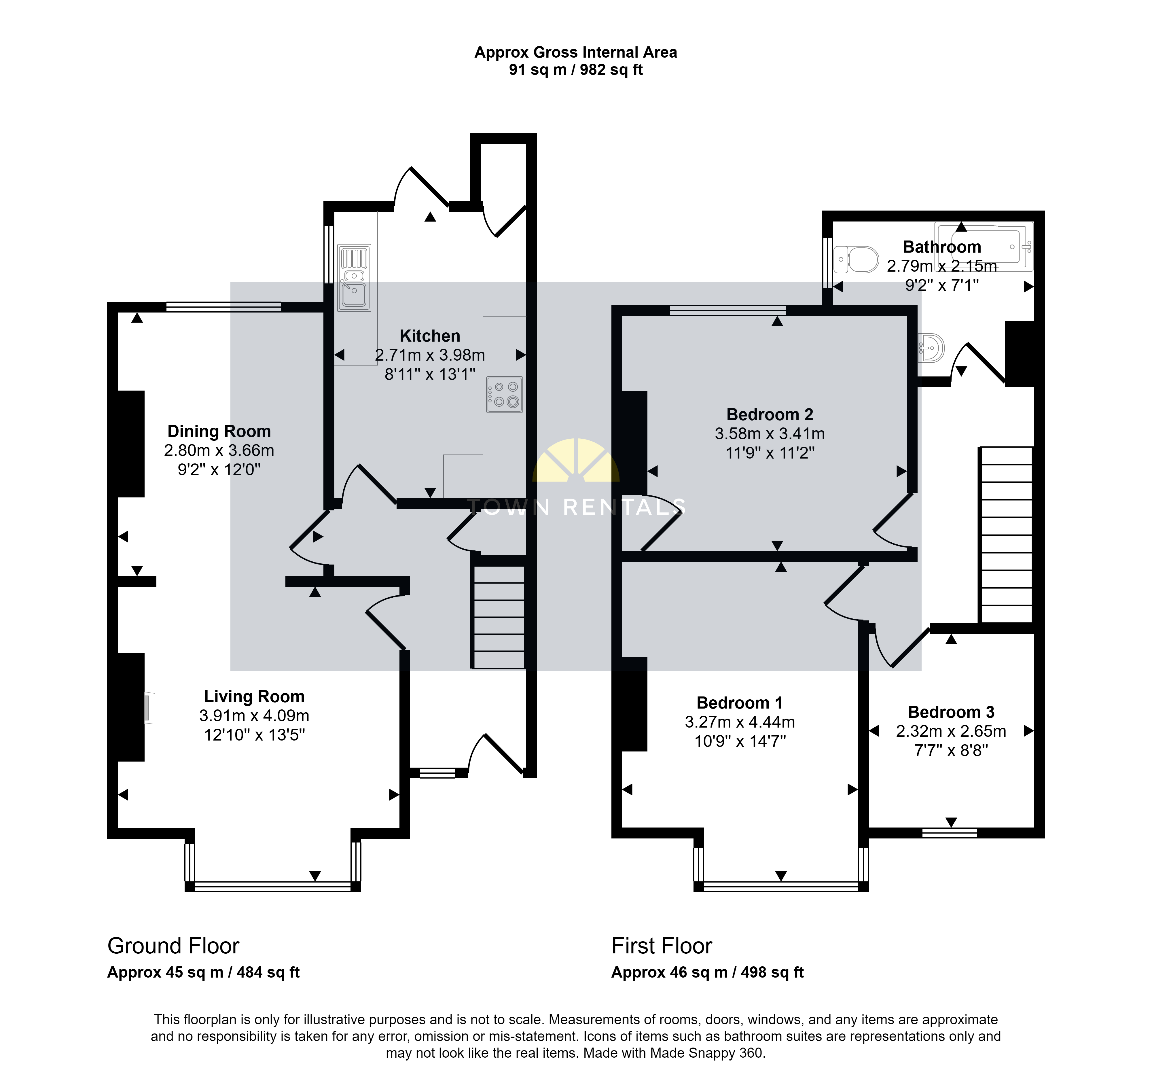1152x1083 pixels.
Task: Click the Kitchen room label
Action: coord(430,336)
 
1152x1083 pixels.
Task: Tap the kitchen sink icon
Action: coord(354,278)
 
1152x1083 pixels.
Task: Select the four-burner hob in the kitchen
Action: coord(505,395)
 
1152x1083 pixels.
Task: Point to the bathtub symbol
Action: coord(984,247)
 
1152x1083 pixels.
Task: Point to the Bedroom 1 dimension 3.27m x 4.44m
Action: coord(740,722)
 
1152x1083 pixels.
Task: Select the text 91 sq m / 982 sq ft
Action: coord(576,70)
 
